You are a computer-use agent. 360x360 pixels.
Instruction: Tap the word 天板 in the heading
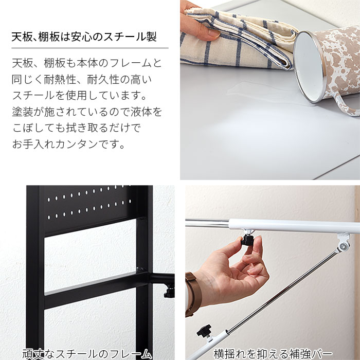coord(23,38)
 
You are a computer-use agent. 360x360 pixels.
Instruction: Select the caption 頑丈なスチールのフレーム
coord(87,353)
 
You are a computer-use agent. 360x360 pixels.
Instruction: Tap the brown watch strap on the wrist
coord(191,293)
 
